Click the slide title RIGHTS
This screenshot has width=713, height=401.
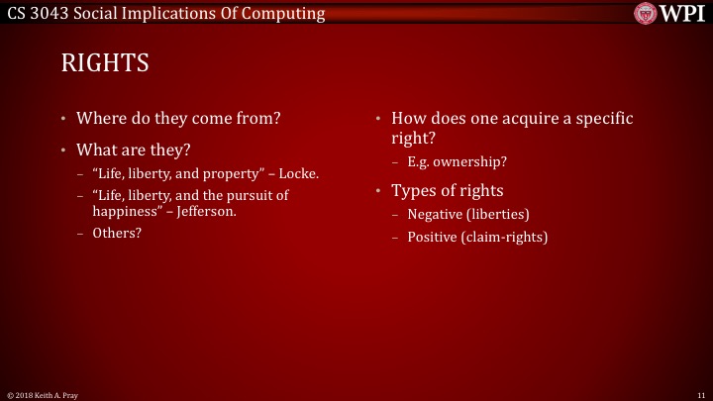coord(105,64)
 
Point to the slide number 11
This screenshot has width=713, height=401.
coord(700,395)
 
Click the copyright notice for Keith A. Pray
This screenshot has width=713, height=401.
coord(42,395)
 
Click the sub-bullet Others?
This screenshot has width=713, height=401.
coord(117,233)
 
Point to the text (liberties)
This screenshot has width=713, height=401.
coord(501,214)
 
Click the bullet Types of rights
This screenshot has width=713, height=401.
coord(447,190)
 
